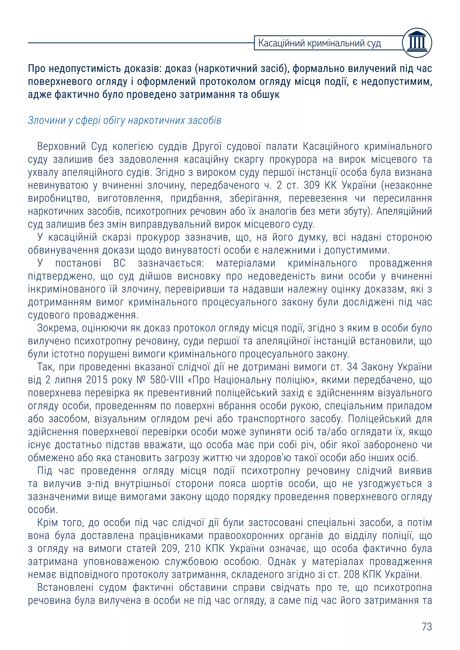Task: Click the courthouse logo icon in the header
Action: click(417, 43)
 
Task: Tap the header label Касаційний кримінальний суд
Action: click(320, 43)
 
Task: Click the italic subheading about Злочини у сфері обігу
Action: click(124, 121)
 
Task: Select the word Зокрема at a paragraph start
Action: click(57, 328)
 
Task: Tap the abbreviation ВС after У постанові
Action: click(119, 263)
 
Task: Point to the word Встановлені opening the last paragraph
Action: click(65, 587)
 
